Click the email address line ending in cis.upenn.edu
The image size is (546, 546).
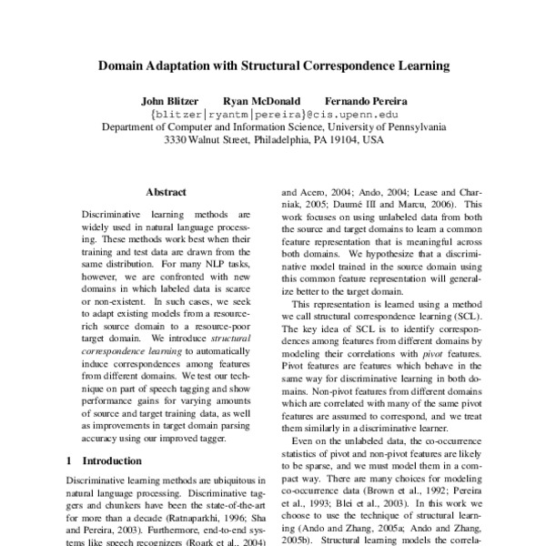[273, 115]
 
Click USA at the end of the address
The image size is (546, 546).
[371, 142]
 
